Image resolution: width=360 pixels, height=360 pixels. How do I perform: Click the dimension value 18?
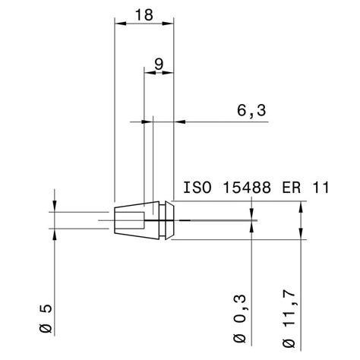pos(144,14)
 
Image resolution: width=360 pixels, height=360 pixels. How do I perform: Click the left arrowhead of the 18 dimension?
pos(118,24)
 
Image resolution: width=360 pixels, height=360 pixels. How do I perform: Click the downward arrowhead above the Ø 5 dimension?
pos(56,207)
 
